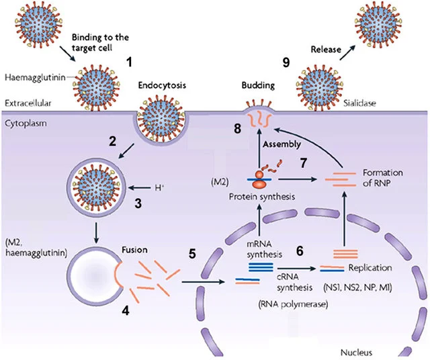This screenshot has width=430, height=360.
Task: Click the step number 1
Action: pos(129,62)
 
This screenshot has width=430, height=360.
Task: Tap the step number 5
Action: pos(192,254)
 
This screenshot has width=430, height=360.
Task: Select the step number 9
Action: pos(286,62)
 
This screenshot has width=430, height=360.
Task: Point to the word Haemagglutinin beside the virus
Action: pos(35,78)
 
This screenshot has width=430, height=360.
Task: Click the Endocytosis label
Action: pos(162,85)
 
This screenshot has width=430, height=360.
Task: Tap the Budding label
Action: pos(258,85)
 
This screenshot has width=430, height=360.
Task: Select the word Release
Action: pos(326,50)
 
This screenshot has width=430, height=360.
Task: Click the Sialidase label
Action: pos(359,103)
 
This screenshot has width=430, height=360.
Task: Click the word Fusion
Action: pos(134,250)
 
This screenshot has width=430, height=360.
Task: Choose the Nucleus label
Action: pos(356,353)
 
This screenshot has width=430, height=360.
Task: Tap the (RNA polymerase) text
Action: pos(293,304)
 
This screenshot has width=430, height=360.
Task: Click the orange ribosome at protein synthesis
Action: pos(260,179)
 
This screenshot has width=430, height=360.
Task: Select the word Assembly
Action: pos(282,144)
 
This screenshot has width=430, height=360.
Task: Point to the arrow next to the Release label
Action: pos(347,52)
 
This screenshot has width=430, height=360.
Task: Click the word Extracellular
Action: pos(28,103)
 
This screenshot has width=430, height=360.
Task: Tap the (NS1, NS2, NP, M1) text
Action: pos(357,287)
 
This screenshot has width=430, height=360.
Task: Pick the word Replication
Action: pos(370,268)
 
